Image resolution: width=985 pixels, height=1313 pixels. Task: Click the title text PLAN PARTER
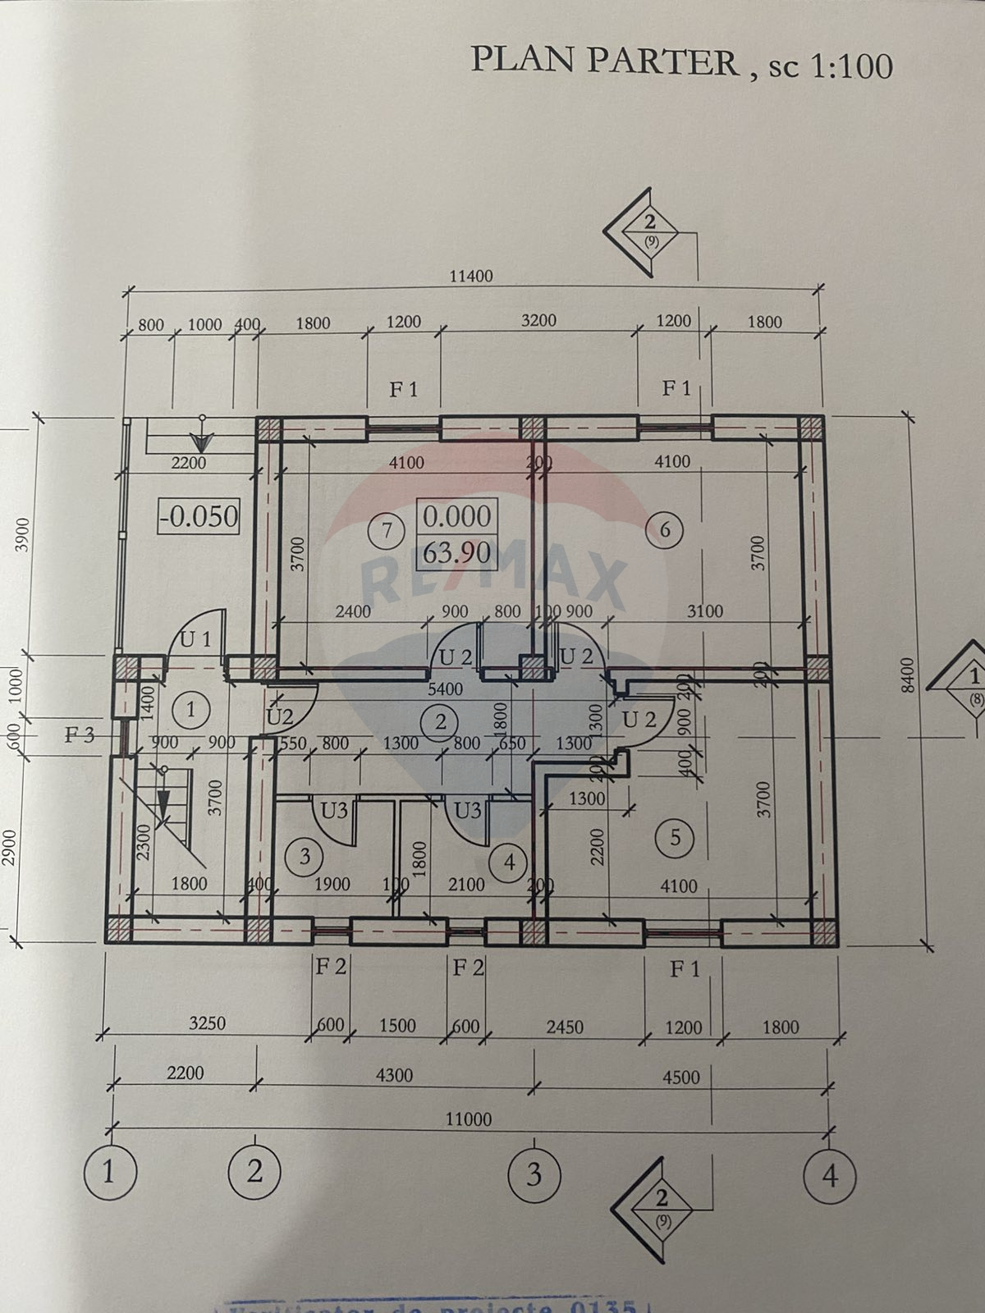605,62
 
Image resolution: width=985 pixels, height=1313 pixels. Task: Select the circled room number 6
665,530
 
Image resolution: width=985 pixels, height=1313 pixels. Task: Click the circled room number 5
676,838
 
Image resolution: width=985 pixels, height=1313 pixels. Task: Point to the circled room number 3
305,857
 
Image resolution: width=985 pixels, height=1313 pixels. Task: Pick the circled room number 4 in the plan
510,862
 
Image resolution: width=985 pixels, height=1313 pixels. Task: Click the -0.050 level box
199,517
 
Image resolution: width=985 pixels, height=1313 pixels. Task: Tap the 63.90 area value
456,553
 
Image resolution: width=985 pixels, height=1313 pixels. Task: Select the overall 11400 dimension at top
471,276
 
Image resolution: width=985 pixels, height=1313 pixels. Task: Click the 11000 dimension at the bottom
469,1119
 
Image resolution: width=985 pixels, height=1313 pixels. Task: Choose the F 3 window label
80,735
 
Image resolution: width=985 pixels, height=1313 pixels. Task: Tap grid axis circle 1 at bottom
109,1173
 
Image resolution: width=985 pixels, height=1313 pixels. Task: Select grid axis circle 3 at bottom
534,1174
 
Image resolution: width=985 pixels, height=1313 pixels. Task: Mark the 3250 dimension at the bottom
207,1023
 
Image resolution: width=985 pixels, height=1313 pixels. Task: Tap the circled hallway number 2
441,722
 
